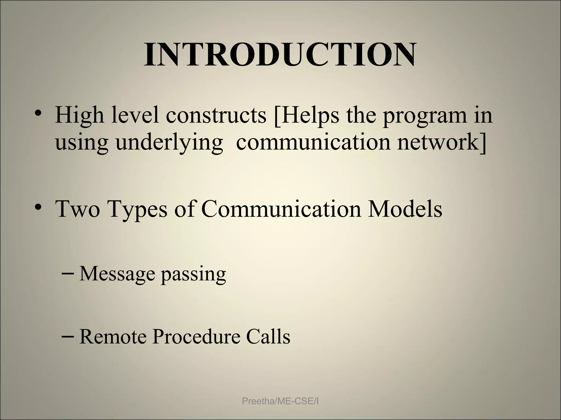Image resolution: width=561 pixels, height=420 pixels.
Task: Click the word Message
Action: pyautogui.click(x=117, y=274)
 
